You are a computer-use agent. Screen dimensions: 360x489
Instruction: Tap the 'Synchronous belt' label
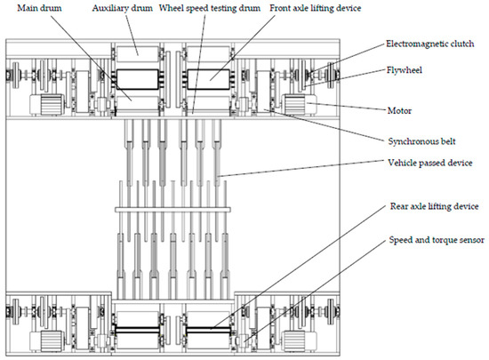[x=417, y=140]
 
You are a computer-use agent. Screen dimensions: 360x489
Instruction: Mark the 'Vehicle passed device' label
[x=428, y=163]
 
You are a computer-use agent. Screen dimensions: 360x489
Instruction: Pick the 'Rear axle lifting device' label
[x=432, y=206]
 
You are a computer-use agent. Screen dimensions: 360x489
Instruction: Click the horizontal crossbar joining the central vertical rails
[x=172, y=209]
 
